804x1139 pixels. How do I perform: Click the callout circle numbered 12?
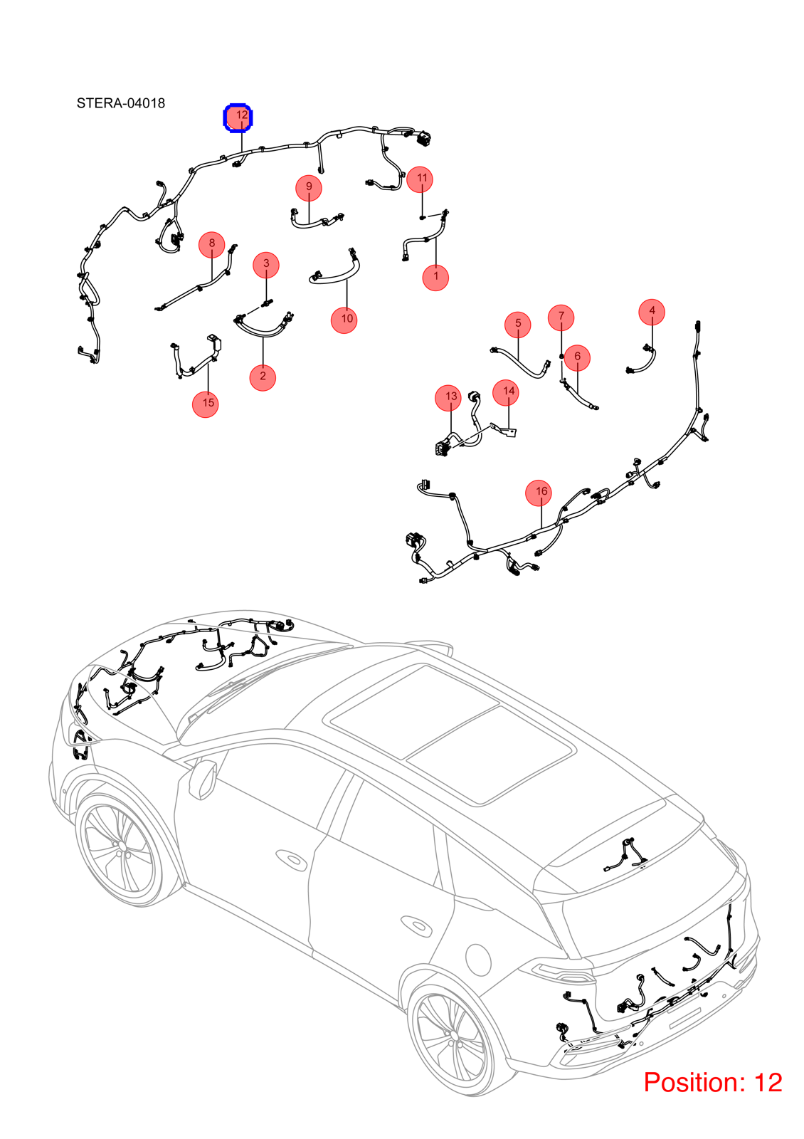click(x=238, y=117)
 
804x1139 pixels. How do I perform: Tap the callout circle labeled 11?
click(x=420, y=179)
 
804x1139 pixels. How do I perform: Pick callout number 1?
click(x=435, y=278)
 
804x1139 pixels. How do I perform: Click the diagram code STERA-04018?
click(x=121, y=103)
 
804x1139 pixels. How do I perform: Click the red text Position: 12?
click(x=712, y=1082)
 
